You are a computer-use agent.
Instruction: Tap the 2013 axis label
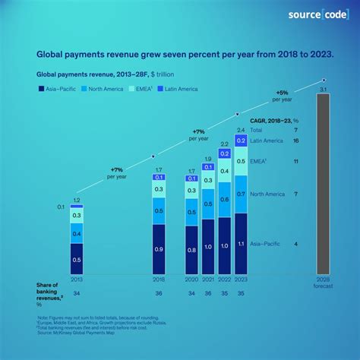pyautogui.click(x=77, y=279)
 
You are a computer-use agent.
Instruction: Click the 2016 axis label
pyautogui.click(x=159, y=279)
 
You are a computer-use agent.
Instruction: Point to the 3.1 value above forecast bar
pyautogui.click(x=323, y=90)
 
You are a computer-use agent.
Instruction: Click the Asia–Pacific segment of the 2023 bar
pyautogui.click(x=240, y=245)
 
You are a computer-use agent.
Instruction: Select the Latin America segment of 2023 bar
pyautogui.click(x=240, y=141)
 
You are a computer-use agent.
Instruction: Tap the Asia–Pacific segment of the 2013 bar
pyautogui.click(x=77, y=260)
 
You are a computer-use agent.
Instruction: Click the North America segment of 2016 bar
pyautogui.click(x=159, y=211)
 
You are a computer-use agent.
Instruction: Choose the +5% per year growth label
pyautogui.click(x=283, y=95)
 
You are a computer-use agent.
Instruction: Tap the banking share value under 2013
pyautogui.click(x=77, y=293)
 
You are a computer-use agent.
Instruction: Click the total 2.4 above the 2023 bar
pyautogui.click(x=240, y=130)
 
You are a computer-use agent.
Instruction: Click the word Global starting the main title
pyautogui.click(x=52, y=55)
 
